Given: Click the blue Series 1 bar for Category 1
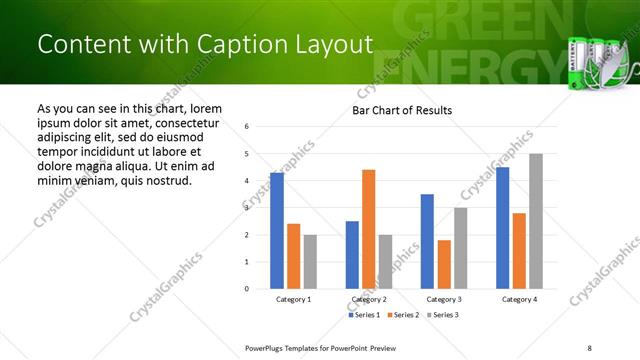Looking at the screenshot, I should tap(277, 231).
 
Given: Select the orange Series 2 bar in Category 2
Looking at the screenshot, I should tap(369, 229).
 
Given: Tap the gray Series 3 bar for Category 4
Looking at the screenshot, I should tap(536, 221).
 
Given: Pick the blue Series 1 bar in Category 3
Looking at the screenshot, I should tap(427, 241).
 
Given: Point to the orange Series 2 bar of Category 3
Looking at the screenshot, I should tap(444, 264).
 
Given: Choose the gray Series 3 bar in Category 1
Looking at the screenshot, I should tap(310, 262).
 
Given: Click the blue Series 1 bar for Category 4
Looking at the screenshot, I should tap(503, 228).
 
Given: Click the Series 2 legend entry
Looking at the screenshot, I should tap(402, 315).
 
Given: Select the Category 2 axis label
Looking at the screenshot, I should tap(368, 299).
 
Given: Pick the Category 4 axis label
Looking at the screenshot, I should tap(519, 299).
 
